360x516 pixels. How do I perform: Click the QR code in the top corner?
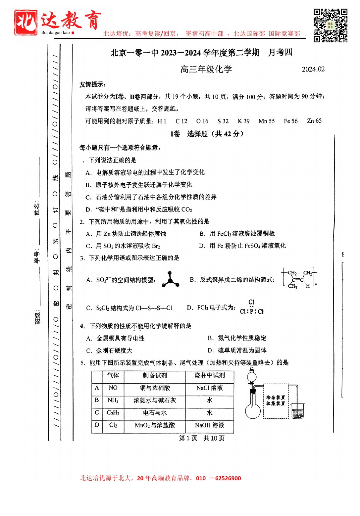(x=330, y=25)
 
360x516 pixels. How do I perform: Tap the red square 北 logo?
(x=26, y=22)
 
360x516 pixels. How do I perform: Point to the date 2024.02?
(x=313, y=69)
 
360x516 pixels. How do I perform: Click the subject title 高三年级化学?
(x=206, y=69)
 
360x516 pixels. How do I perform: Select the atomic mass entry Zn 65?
(x=314, y=121)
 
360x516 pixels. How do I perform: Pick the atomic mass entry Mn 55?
(x=267, y=121)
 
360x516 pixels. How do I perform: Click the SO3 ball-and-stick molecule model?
(x=170, y=280)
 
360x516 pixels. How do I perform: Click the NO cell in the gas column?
(x=113, y=388)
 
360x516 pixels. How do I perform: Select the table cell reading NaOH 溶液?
(x=209, y=425)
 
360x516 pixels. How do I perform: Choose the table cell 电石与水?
(x=155, y=413)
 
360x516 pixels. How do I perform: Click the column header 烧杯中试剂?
(x=209, y=375)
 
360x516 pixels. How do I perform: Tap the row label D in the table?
(x=97, y=425)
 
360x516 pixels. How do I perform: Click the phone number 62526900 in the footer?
(x=228, y=478)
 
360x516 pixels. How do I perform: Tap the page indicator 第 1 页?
(x=188, y=438)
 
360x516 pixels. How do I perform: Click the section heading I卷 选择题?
(x=207, y=134)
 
